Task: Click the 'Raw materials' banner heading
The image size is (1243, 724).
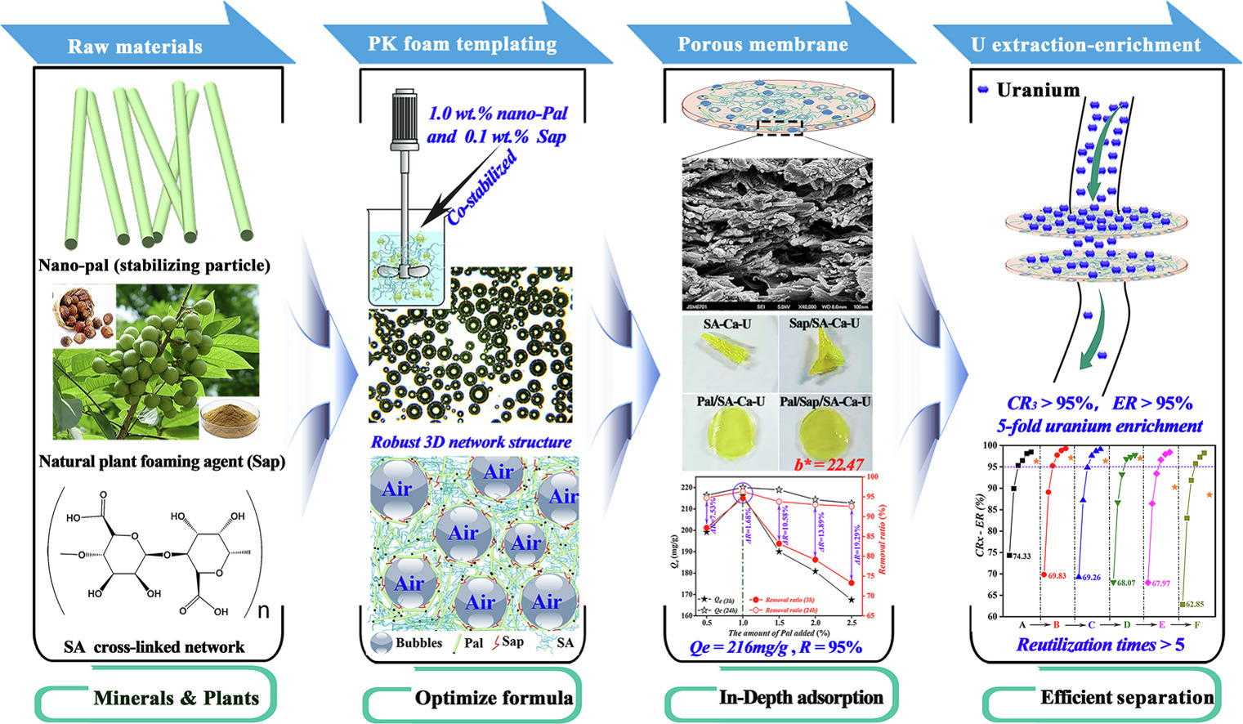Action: (135, 47)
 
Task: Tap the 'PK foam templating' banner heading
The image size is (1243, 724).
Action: (462, 43)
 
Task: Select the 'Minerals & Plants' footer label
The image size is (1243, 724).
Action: (176, 698)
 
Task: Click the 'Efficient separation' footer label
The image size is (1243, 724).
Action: (1126, 697)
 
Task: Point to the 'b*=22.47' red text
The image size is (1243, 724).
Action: (829, 464)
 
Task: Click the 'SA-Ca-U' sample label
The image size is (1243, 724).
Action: (727, 324)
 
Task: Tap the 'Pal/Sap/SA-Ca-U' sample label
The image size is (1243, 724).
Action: (825, 401)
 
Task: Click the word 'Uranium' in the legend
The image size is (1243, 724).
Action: (1038, 90)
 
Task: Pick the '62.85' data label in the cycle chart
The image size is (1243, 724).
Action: (1194, 605)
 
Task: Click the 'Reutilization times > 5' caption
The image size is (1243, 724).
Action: (1099, 645)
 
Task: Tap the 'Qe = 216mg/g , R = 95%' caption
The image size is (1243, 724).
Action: (776, 647)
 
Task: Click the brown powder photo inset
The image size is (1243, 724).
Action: (228, 418)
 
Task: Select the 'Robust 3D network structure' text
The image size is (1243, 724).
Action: (471, 442)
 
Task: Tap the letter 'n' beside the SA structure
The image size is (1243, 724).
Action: (263, 610)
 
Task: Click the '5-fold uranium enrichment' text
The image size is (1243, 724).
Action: (1099, 426)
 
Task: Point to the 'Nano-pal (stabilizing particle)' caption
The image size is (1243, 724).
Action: (154, 265)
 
